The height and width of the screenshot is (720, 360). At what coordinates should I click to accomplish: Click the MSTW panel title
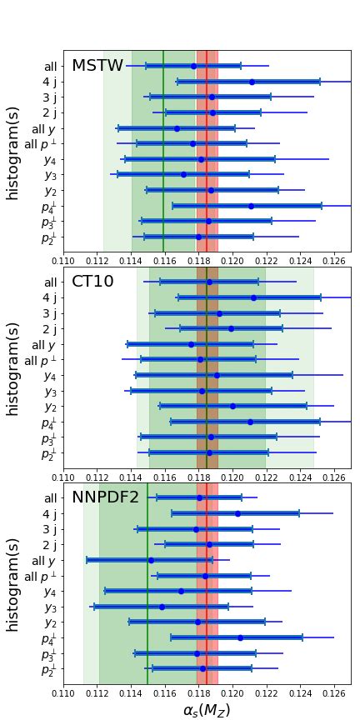[x=97, y=66]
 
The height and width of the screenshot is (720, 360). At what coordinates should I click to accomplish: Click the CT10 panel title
[x=92, y=282]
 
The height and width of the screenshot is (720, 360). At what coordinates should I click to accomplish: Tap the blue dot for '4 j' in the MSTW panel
[x=252, y=82]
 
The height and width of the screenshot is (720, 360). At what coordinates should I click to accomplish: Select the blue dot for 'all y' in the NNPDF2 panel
[x=151, y=560]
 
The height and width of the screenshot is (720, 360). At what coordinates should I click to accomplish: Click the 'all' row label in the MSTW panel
[x=51, y=66]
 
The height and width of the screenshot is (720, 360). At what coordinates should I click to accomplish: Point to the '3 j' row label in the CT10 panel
[x=49, y=313]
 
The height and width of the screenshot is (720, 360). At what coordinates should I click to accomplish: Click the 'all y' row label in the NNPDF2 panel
[x=44, y=560]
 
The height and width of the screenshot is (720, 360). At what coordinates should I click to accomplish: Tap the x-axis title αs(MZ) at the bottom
[x=206, y=710]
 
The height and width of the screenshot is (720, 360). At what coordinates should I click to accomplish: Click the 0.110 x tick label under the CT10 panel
[x=63, y=476]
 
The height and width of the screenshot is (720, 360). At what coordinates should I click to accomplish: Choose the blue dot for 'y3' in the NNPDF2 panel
[x=162, y=607]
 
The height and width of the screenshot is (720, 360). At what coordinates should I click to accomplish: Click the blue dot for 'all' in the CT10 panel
[x=209, y=282]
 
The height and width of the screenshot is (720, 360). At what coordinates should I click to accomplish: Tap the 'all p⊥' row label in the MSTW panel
[x=41, y=144]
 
